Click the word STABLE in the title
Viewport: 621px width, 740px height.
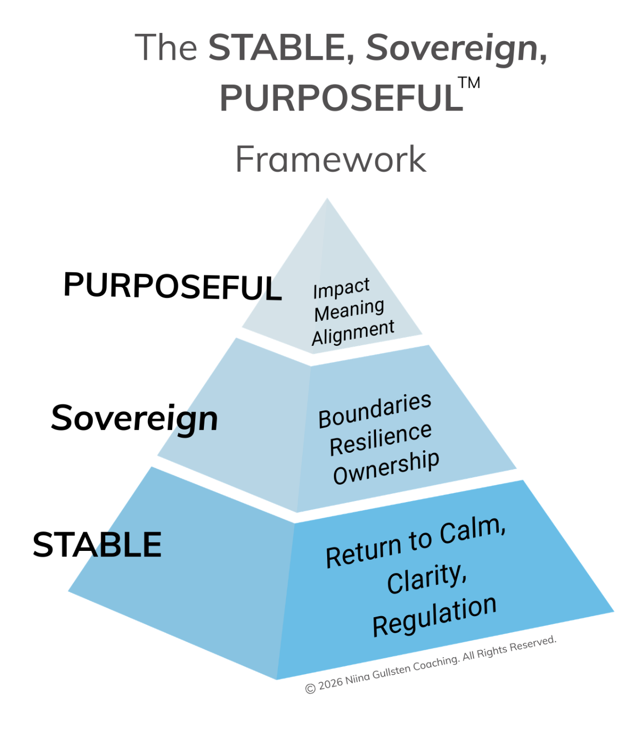(x=280, y=47)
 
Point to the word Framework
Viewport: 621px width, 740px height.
(x=331, y=159)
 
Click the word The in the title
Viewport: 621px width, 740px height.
(x=166, y=47)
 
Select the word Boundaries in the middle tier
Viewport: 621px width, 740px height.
(x=374, y=411)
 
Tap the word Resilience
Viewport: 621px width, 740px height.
(x=380, y=439)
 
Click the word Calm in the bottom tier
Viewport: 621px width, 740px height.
(x=473, y=532)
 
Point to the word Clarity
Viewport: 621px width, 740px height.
(x=426, y=579)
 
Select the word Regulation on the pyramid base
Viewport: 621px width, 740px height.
(x=434, y=616)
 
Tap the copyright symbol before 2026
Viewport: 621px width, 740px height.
(x=310, y=688)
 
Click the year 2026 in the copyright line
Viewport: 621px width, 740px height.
(x=330, y=684)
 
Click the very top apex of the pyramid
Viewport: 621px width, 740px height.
(x=327, y=200)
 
